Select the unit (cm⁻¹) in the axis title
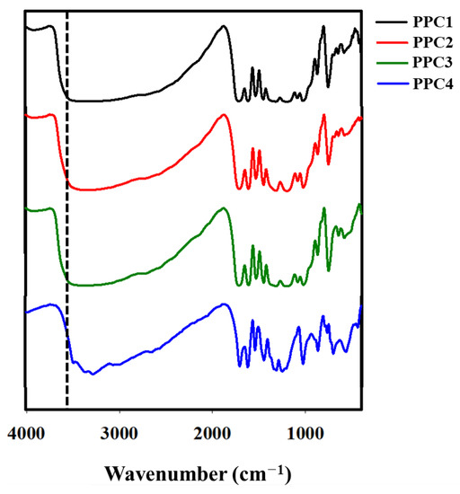pos(256,471)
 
